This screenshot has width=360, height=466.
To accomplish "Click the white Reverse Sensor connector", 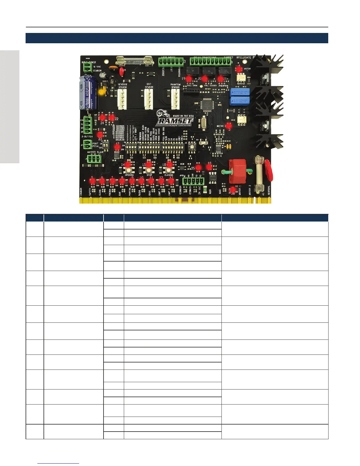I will point(122,99).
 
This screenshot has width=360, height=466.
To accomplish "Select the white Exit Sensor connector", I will point(149,99).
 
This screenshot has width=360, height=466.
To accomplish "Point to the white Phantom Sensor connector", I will point(175,99).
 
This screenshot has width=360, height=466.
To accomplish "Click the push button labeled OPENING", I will point(129,170).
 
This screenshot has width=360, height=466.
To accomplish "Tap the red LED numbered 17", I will point(117,147).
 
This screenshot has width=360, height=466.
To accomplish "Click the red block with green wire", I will point(237,171).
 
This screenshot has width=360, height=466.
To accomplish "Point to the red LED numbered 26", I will point(233,190).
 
